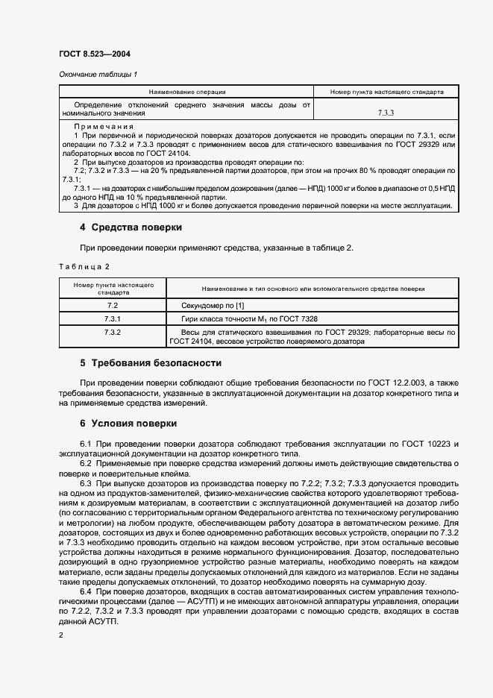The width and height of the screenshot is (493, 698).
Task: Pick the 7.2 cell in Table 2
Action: point(113,306)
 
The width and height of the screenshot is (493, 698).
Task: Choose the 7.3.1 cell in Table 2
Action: point(113,318)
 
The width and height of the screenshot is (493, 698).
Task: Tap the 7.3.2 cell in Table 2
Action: point(113,331)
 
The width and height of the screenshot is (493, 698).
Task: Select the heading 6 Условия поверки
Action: point(128,424)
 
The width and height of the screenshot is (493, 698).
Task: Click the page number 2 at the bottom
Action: point(60,634)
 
